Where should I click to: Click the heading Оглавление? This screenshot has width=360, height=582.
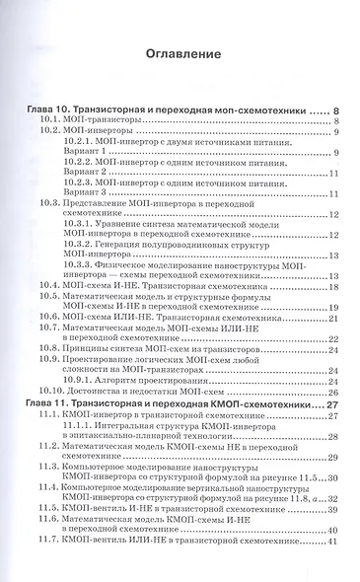(x=180, y=53)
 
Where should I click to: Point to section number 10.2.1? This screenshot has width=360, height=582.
(x=76, y=141)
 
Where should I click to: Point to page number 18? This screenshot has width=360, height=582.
(x=334, y=286)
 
